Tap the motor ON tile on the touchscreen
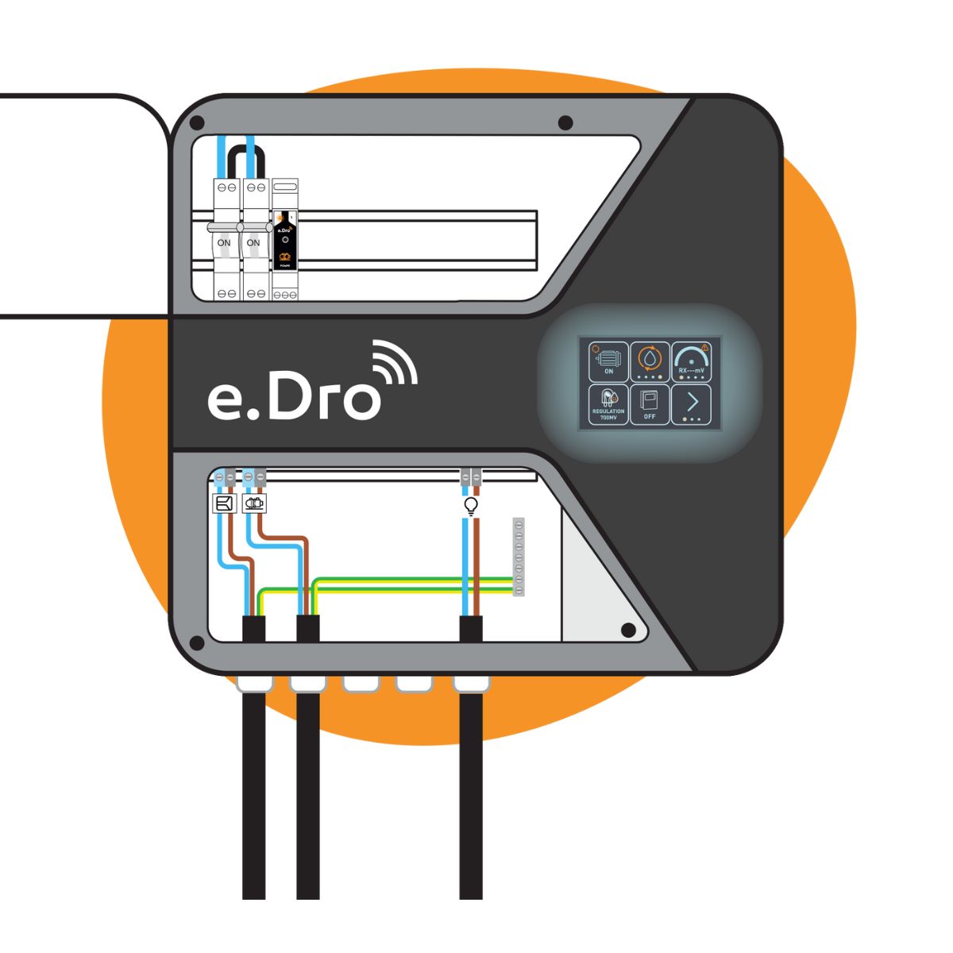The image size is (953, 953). click(608, 362)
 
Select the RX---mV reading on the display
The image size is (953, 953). click(692, 370)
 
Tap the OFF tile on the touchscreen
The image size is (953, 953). click(650, 405)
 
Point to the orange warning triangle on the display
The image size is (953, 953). click(705, 348)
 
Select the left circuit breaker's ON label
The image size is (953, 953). click(225, 242)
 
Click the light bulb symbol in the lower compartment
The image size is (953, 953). click(470, 505)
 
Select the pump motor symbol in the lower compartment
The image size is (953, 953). click(254, 504)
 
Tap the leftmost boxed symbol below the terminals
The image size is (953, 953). click(225, 504)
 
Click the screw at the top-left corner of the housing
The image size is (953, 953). click(197, 123)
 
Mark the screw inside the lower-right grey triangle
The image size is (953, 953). click(627, 631)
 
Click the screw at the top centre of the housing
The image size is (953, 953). click(565, 122)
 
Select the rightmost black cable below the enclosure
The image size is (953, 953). click(471, 794)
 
